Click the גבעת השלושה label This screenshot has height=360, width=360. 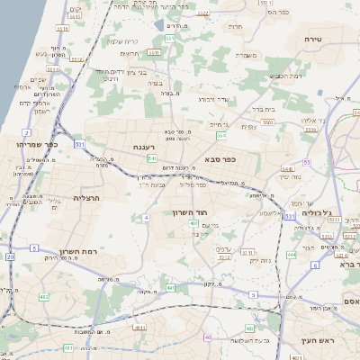click(245, 340)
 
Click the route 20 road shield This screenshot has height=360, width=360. click(11, 256)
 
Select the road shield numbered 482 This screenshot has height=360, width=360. click(43, 296)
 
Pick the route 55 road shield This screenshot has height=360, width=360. click(306, 162)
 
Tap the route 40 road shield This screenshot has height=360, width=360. click(207, 337)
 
